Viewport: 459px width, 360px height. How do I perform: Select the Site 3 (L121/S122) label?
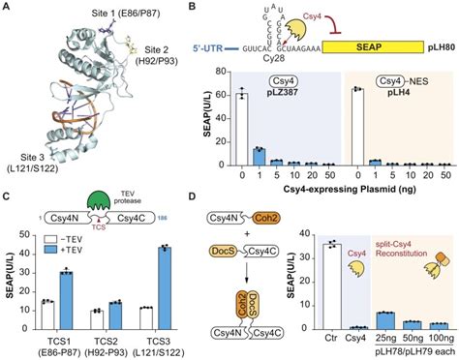41,154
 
